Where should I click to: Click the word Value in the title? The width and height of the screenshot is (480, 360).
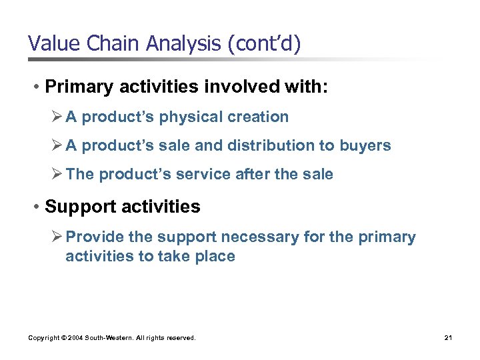coord(51,44)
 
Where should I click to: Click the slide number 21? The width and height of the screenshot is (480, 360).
coord(448,338)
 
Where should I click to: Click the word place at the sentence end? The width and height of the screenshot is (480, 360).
coord(213,257)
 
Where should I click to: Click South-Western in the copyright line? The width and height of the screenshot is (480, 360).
coord(109,338)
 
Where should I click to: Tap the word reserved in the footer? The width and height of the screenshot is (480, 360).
coord(179,338)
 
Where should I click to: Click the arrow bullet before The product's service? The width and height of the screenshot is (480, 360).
coord(57,174)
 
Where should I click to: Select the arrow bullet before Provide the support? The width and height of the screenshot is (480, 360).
coord(57,237)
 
